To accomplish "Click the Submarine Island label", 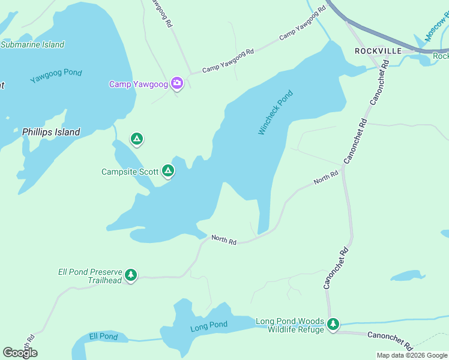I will [32, 44].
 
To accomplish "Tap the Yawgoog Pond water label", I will [56, 76].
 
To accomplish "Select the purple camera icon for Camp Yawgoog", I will [177, 83].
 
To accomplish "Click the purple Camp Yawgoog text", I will [138, 84].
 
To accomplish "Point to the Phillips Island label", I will [51, 132].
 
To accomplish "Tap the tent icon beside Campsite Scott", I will [169, 172].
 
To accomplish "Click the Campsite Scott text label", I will [130, 172].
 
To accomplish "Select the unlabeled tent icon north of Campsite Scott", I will [137, 140].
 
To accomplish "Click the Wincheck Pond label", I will [276, 112].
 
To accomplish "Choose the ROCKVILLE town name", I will [378, 51].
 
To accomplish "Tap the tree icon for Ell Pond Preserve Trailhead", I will [131, 275].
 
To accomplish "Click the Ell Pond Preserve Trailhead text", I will [90, 276].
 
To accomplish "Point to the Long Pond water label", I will [209, 327].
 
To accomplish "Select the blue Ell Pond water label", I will [103, 337].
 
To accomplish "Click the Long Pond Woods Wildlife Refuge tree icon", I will [333, 325].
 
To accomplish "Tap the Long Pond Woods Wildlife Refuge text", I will [290, 325].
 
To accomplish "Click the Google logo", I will [20, 353].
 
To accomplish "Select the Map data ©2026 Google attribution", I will [412, 355].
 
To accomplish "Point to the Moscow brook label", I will [436, 27].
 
